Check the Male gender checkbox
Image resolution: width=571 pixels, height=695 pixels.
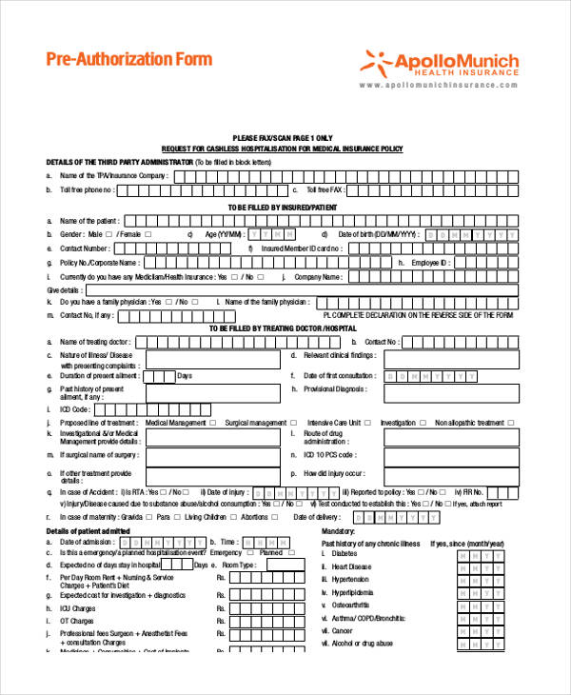pos(108,234)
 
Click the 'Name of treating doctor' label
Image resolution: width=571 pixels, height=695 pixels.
pos(94,342)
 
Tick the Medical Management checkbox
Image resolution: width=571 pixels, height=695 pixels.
pos(212,423)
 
